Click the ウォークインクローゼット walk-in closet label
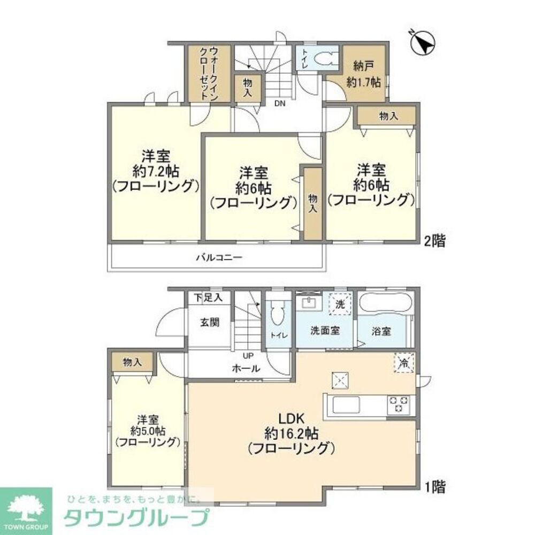[209, 73]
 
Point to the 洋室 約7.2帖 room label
[156, 171]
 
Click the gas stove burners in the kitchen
[399, 404]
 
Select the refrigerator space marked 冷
[404, 363]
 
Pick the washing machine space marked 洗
[340, 303]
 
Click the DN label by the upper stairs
[280, 104]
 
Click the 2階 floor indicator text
[434, 241]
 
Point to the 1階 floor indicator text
[434, 487]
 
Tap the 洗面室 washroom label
[325, 331]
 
